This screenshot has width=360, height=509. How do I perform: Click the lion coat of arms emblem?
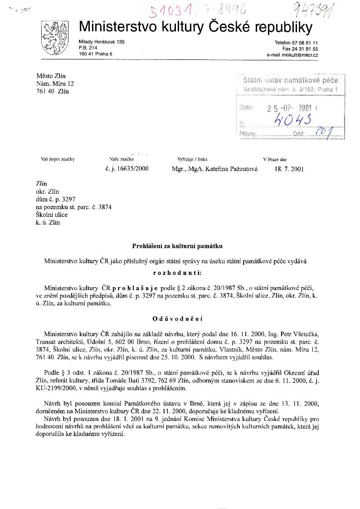[55, 37]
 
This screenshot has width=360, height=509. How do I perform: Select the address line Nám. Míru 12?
[55, 84]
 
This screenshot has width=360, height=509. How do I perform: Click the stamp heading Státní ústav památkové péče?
[291, 80]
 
